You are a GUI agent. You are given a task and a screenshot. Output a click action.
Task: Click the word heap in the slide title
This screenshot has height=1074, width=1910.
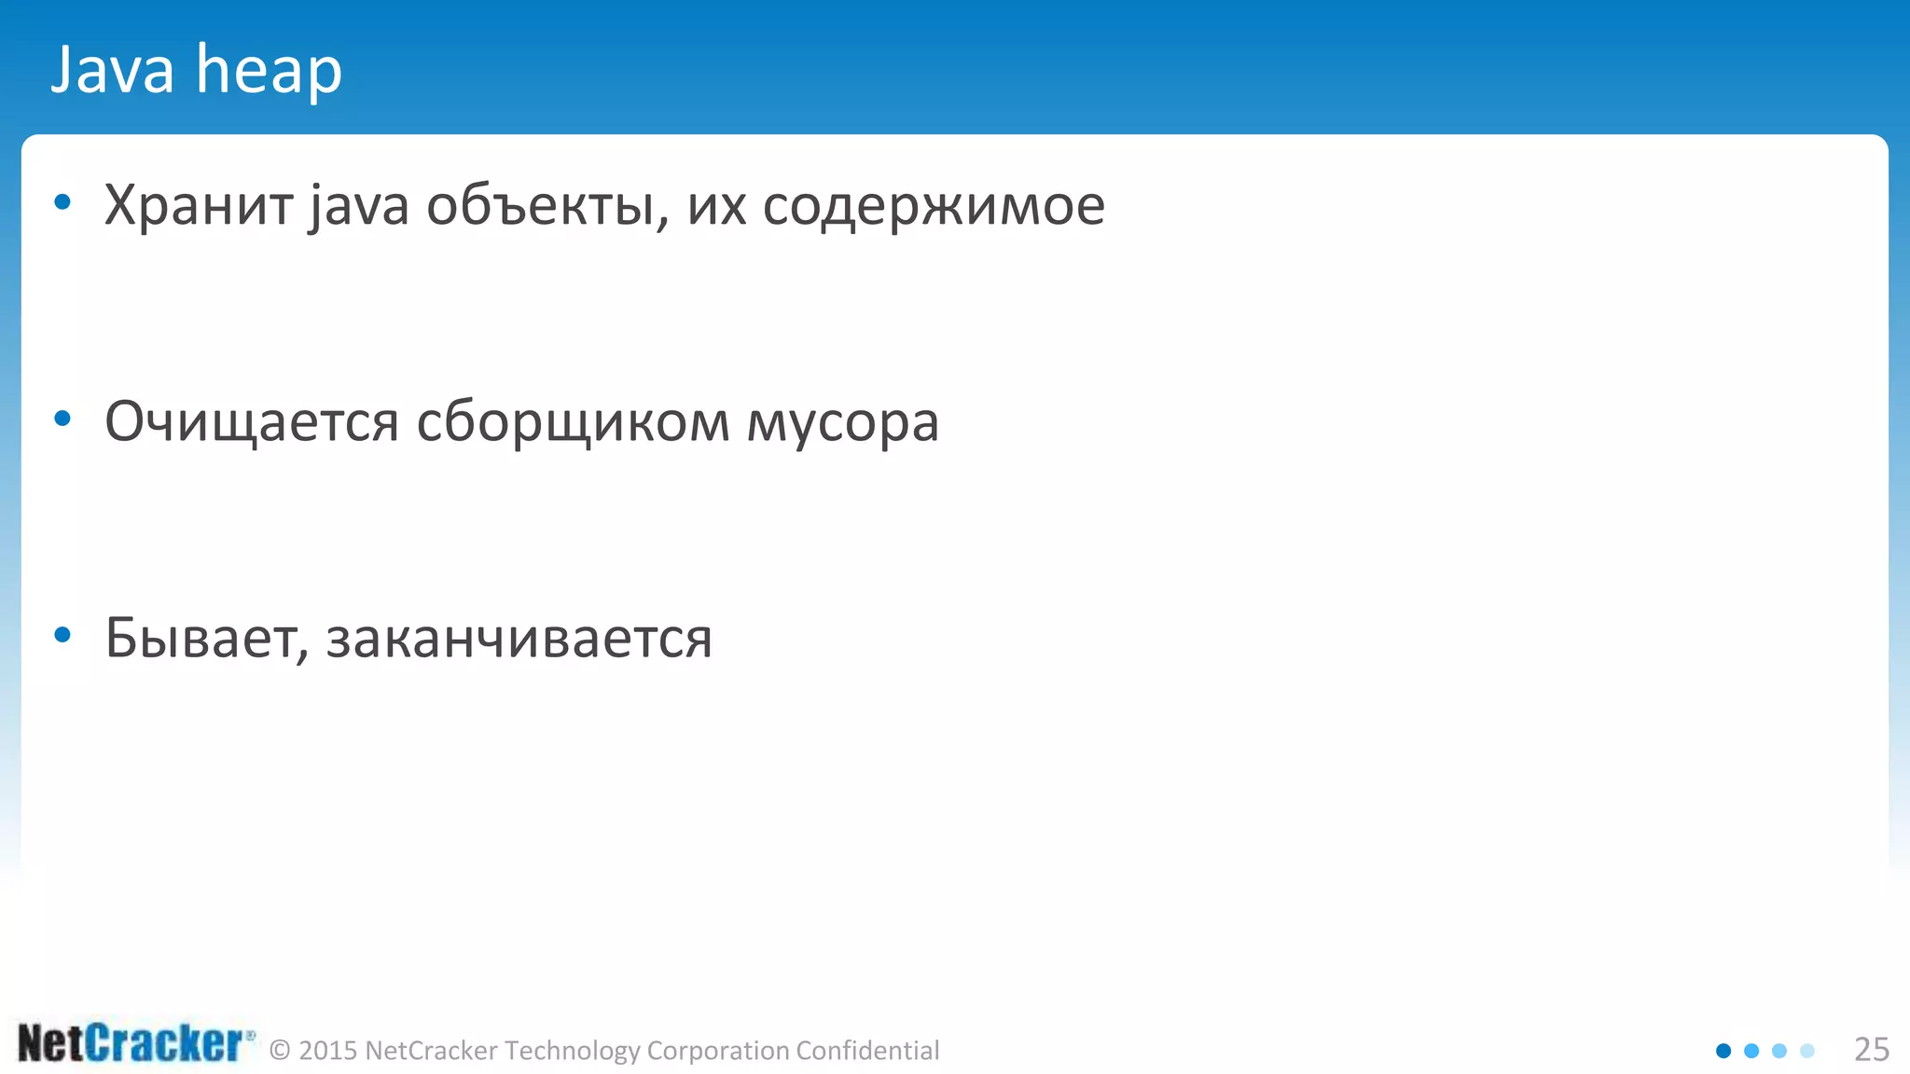point(269,71)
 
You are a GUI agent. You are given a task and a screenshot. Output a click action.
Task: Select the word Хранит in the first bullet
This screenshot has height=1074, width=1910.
point(198,205)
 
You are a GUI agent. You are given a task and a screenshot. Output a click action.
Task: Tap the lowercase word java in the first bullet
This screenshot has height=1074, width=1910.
point(359,207)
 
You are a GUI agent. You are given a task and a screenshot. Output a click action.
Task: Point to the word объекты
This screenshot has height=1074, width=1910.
point(547,206)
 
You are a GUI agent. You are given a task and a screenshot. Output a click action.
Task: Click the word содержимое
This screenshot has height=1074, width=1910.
point(934,207)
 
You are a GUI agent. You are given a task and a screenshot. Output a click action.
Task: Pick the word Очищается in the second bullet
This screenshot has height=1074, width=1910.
point(252,422)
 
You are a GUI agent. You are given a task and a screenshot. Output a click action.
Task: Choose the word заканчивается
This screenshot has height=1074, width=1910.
point(519,640)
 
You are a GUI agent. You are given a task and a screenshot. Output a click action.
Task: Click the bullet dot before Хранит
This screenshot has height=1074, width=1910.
point(62,202)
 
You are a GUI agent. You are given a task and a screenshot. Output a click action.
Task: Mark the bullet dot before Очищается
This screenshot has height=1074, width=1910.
point(62,419)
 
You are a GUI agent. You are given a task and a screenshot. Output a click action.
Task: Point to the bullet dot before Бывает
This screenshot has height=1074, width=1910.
point(62,636)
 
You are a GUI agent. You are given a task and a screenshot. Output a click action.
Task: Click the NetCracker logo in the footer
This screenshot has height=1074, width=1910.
point(135,1043)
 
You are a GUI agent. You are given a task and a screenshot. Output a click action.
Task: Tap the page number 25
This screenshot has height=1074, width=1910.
point(1871,1050)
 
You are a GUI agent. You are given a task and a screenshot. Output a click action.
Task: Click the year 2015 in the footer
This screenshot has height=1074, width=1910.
point(328,1051)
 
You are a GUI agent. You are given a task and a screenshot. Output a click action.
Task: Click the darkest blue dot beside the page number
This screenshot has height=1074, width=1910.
point(1723,1051)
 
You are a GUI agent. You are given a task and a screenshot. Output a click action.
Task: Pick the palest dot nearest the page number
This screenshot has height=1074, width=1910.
point(1807,1051)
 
